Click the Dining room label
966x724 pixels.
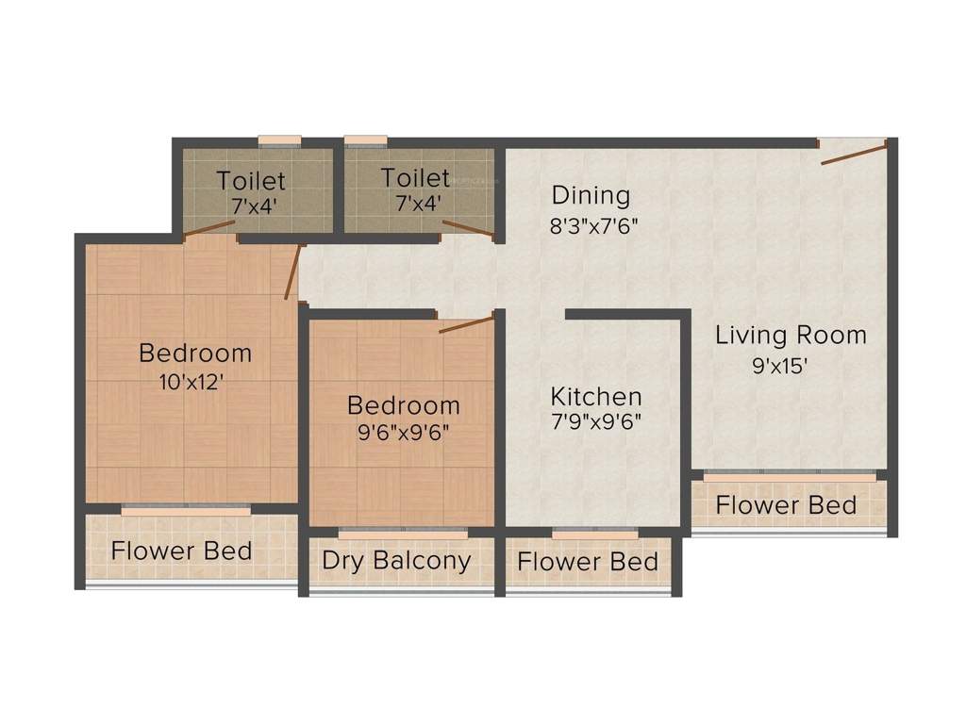coord(591,196)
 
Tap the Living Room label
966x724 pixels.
coord(791,335)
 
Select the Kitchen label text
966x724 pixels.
coord(596,396)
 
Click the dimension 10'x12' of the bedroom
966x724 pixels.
coord(194,383)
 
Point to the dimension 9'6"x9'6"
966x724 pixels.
coord(404,435)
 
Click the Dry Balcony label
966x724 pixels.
coord(396,560)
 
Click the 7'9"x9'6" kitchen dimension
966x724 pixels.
coord(596,422)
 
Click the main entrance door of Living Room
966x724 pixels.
coord(853,154)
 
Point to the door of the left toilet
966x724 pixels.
coord(209,226)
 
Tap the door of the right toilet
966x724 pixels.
coord(468,227)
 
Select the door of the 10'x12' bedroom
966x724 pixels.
coord(293,272)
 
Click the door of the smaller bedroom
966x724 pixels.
coord(466,325)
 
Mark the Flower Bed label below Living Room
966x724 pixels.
coord(786,504)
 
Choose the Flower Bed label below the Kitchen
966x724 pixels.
coord(588,562)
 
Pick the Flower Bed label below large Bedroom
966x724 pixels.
coord(181,550)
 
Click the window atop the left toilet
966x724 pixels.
coord(280,141)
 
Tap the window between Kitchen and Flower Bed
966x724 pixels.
coord(588,534)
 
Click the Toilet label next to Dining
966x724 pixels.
coord(415,177)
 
